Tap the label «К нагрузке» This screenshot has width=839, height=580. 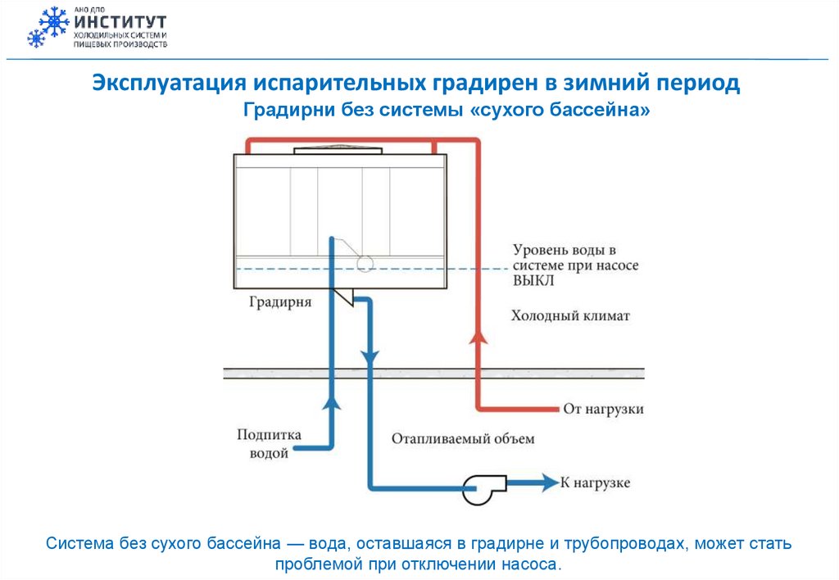click(x=595, y=483)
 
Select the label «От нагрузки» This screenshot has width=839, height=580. click(x=603, y=409)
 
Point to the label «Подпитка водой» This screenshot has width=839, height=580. click(x=269, y=443)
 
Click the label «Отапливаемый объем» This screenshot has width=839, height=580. click(x=463, y=438)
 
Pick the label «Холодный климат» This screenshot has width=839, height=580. click(x=571, y=315)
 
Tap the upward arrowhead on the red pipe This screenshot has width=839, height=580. click(x=475, y=338)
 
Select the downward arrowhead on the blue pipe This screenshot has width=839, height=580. click(x=370, y=358)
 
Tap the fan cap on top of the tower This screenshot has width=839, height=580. click(x=337, y=150)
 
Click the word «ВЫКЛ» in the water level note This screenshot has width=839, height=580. click(x=533, y=281)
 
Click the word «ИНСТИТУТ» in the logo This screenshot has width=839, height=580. click(x=120, y=20)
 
